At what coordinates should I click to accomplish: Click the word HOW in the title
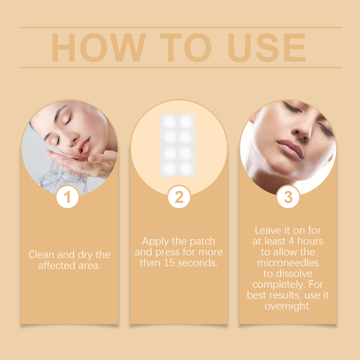coord(99,48)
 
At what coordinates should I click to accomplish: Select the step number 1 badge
coord(67,197)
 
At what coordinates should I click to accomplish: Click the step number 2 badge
coord(179,197)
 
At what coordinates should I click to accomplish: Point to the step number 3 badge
coord(288,197)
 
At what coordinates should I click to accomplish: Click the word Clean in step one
coord(41,255)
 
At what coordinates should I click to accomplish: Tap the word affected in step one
coord(57,265)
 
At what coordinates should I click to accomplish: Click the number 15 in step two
coord(169,263)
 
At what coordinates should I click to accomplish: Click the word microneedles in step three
coord(288,263)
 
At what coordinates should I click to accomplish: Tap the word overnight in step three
coord(288,306)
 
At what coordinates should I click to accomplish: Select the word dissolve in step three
coord(294,274)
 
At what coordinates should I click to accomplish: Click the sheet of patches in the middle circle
coord(178,145)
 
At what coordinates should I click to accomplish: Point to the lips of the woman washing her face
coord(85,146)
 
